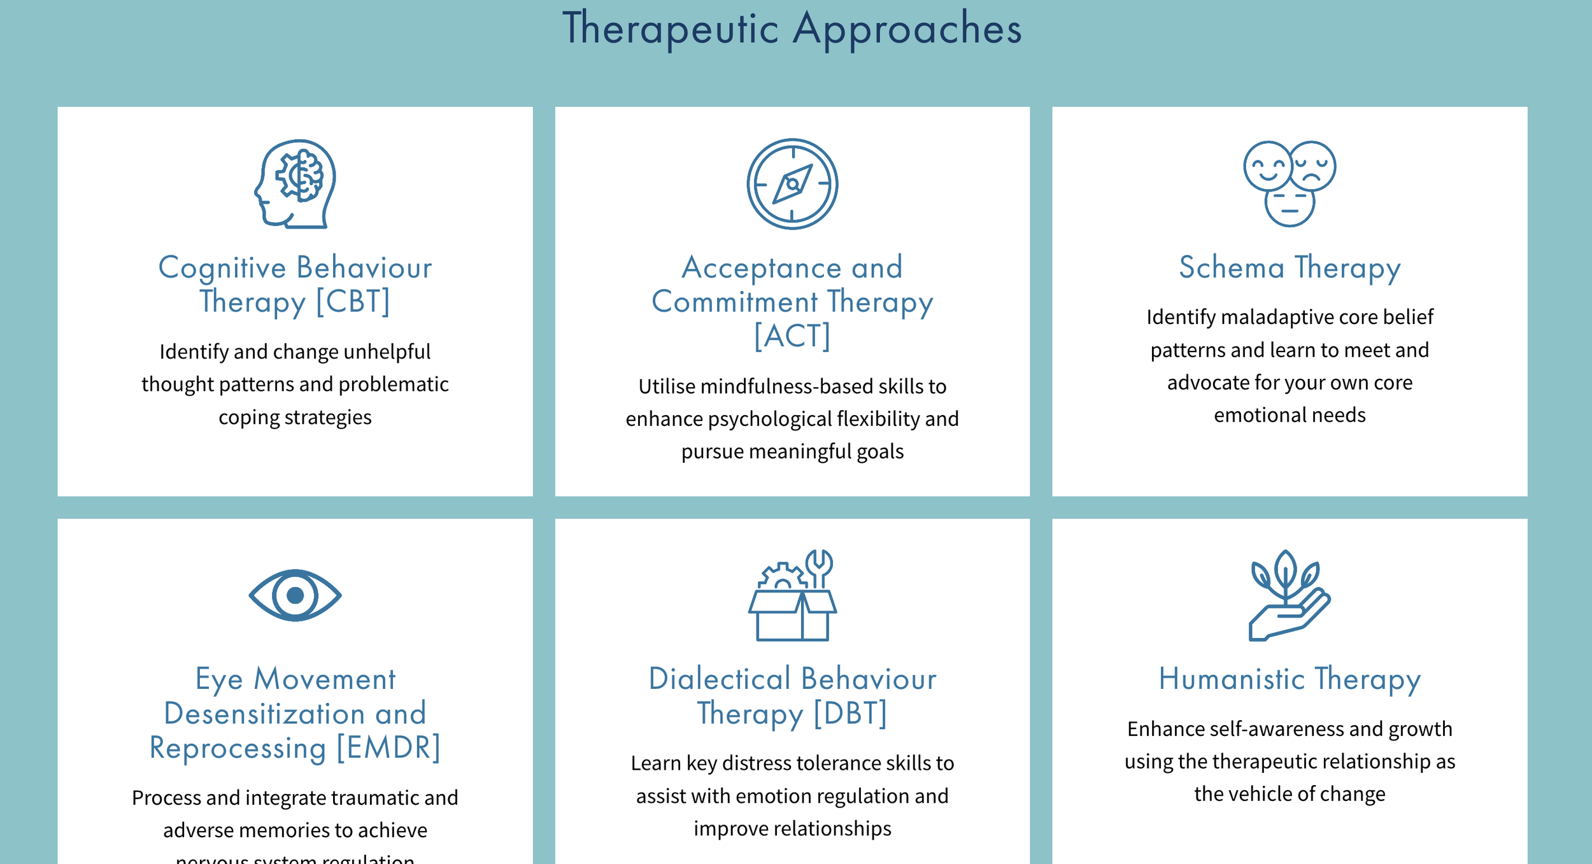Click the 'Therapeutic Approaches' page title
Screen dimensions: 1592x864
pyautogui.click(x=792, y=29)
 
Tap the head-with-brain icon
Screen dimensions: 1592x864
pyautogui.click(x=295, y=183)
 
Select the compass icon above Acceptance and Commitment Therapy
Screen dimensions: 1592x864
pyautogui.click(x=792, y=184)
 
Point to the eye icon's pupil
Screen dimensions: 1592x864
pyautogui.click(x=295, y=595)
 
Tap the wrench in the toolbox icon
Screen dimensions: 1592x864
pyautogui.click(x=819, y=566)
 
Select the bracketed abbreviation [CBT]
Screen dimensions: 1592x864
pyautogui.click(x=353, y=301)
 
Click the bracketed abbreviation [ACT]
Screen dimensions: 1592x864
pyautogui.click(x=792, y=336)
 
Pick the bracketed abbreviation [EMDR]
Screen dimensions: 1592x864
pyautogui.click(x=388, y=747)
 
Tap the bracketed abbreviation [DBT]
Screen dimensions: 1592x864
pyautogui.click(x=851, y=713)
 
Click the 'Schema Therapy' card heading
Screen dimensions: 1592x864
pyautogui.click(x=1290, y=267)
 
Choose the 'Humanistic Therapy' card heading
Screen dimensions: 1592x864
pyautogui.click(x=1290, y=679)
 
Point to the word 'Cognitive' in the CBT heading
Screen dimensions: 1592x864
pyautogui.click(x=222, y=267)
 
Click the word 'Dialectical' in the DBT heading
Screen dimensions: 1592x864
pyautogui.click(x=720, y=679)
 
